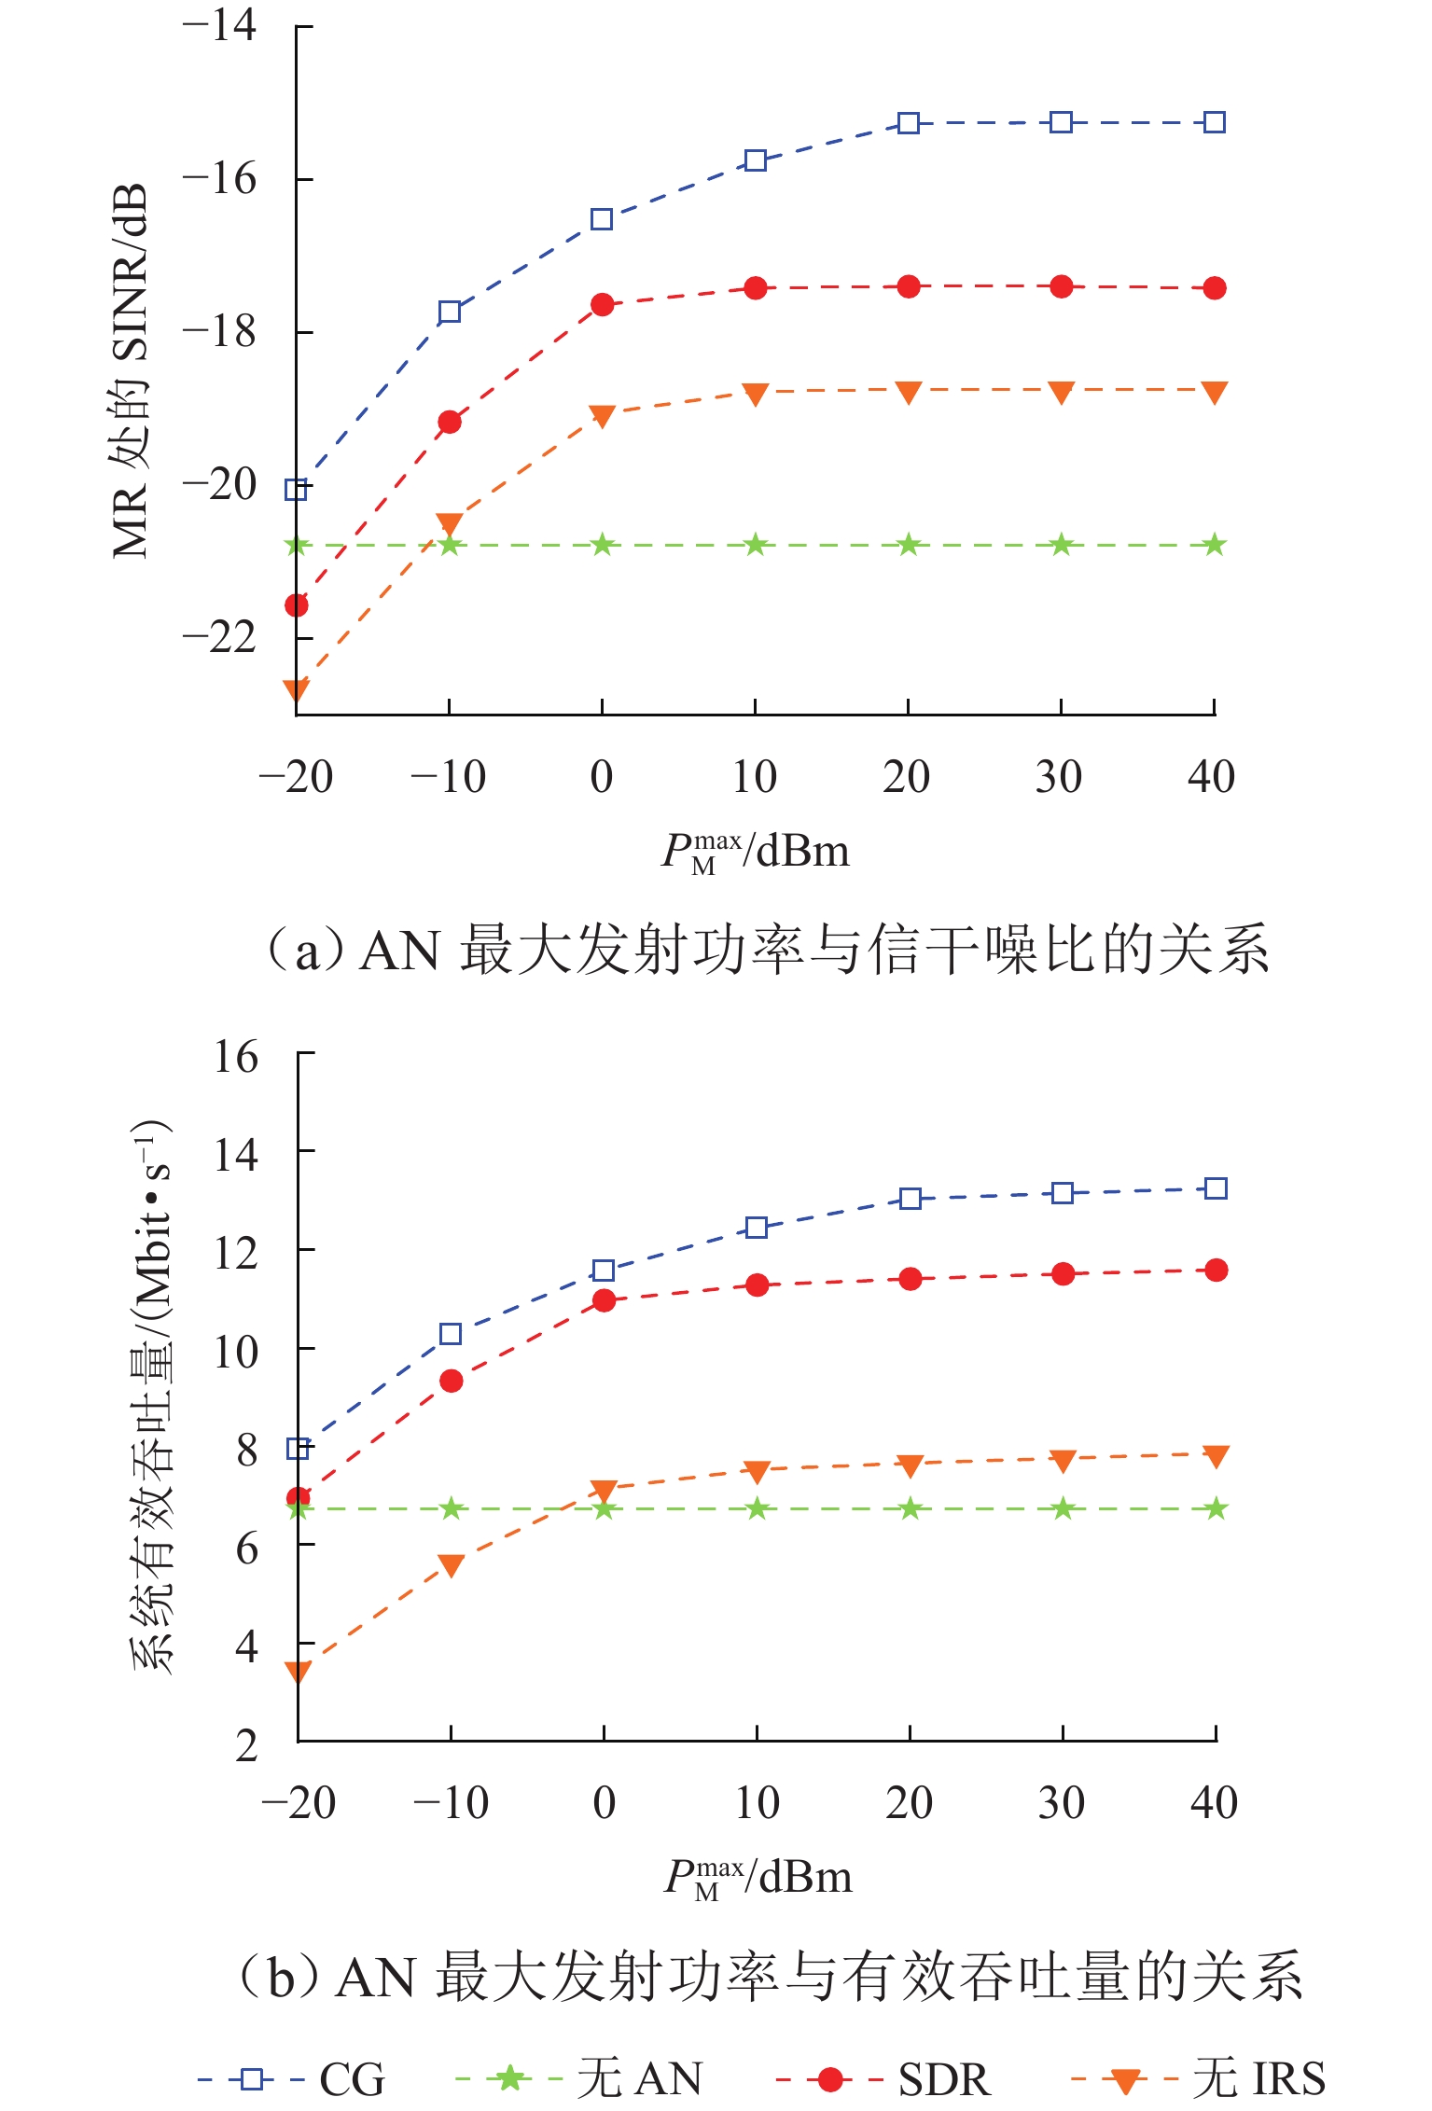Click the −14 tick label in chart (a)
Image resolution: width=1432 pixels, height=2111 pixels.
220,25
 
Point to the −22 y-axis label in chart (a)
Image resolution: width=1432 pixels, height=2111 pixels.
220,638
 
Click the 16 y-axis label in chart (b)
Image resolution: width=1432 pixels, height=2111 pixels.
235,1057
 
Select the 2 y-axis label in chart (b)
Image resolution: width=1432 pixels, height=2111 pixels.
246,1745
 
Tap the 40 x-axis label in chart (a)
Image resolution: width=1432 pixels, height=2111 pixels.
1211,777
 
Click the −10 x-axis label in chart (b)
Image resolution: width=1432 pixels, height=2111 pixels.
451,1803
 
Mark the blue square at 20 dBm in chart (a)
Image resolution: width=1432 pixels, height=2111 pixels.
909,123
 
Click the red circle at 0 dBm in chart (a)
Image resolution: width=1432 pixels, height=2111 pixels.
603,305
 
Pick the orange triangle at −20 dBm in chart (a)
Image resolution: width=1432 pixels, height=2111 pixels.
297,690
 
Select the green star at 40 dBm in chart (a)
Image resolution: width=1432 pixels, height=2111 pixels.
1214,545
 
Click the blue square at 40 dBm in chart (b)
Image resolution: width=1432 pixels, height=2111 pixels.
1216,1188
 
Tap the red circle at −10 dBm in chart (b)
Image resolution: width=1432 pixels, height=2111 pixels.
452,1381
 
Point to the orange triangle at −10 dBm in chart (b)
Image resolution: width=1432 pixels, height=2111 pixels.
452,1565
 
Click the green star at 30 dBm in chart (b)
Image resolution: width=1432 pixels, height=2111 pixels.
1063,1508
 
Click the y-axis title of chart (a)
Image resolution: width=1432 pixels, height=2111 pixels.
131,371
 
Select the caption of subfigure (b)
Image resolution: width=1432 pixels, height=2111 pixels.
771,1976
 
